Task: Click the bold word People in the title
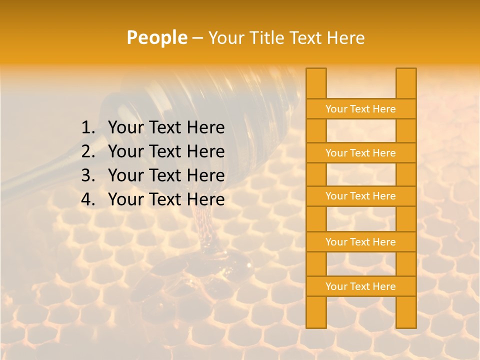coord(156,37)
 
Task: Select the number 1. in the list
coord(88,128)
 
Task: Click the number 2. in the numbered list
coord(88,151)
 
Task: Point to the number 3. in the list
coord(88,175)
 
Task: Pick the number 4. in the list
coord(88,199)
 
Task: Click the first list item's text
coord(166,128)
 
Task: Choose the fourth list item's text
coord(166,199)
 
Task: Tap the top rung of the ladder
coord(360,109)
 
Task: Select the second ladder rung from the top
coord(360,153)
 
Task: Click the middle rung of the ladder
coord(360,196)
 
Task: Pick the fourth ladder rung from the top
coord(360,242)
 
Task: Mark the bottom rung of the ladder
coord(360,286)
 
